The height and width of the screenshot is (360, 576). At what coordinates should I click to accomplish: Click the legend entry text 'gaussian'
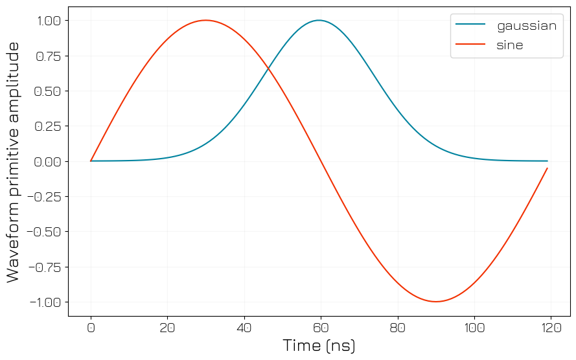pos(526,27)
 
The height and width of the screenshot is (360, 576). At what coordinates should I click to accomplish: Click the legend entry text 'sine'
pos(510,45)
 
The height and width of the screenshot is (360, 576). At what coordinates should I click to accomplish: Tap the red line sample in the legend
pos(470,45)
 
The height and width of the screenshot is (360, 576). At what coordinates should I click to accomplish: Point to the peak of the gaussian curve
pos(319,20)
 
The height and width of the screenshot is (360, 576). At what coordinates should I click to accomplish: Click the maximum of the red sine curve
pos(205,20)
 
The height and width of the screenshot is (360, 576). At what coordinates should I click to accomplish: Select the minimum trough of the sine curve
pos(436,302)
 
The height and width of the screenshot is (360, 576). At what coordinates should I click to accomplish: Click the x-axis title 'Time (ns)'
pos(319,346)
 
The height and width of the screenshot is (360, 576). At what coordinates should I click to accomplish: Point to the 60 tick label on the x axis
pos(321,328)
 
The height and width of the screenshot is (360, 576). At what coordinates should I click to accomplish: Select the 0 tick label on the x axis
pos(91,328)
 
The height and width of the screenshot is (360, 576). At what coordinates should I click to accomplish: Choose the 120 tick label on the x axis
pos(551,328)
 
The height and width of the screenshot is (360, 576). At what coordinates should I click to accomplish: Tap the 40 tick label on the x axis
pos(244,328)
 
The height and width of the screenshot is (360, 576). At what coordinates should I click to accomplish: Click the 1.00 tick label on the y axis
pos(47,21)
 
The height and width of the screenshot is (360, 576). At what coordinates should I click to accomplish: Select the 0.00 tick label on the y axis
pos(47,161)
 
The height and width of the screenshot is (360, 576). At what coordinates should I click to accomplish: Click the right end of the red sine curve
pos(547,168)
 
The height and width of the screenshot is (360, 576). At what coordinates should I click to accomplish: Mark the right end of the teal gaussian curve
pos(547,161)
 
